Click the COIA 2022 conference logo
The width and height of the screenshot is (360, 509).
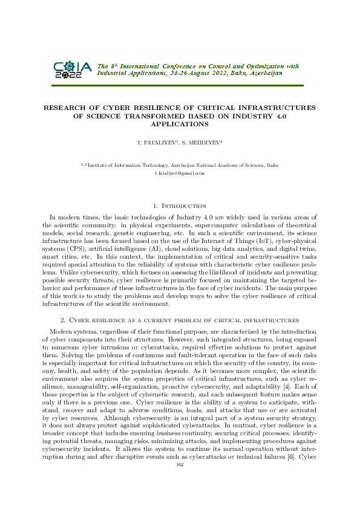[73, 71]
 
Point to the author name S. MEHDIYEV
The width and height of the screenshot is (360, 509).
[205, 143]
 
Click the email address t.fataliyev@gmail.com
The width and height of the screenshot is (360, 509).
[180, 173]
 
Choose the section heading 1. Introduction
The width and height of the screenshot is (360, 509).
[180, 206]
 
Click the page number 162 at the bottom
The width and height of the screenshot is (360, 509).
[180, 498]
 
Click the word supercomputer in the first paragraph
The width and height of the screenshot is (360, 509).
[206, 225]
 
